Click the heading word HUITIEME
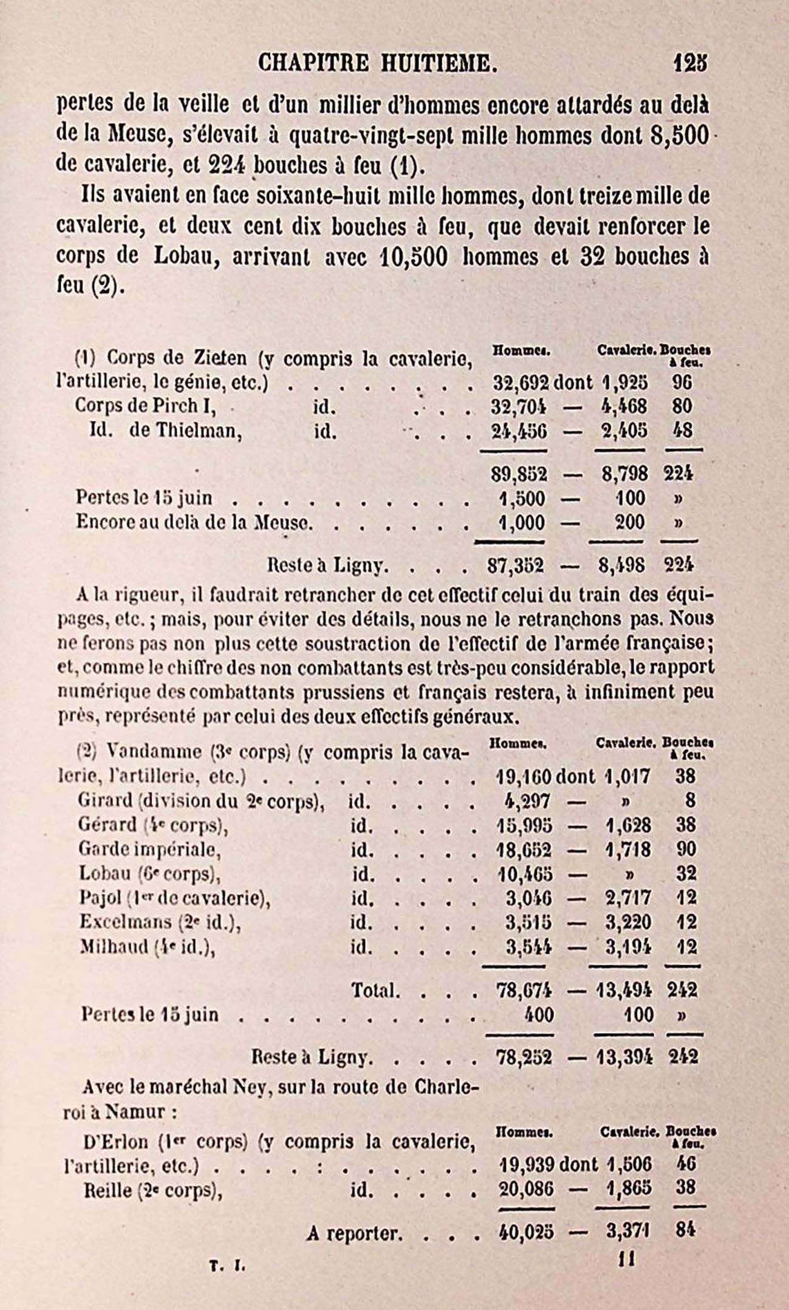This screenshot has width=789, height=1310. pos(436,63)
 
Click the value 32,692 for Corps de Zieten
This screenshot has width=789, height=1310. pos(520,383)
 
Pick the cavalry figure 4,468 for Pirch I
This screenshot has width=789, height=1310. pos(623,406)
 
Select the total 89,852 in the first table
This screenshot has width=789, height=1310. pos(517,474)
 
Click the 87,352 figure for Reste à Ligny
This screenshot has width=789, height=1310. pos(516,565)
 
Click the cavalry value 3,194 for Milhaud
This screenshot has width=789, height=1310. pos(627,947)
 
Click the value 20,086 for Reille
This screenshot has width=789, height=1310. pos(526,1189)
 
